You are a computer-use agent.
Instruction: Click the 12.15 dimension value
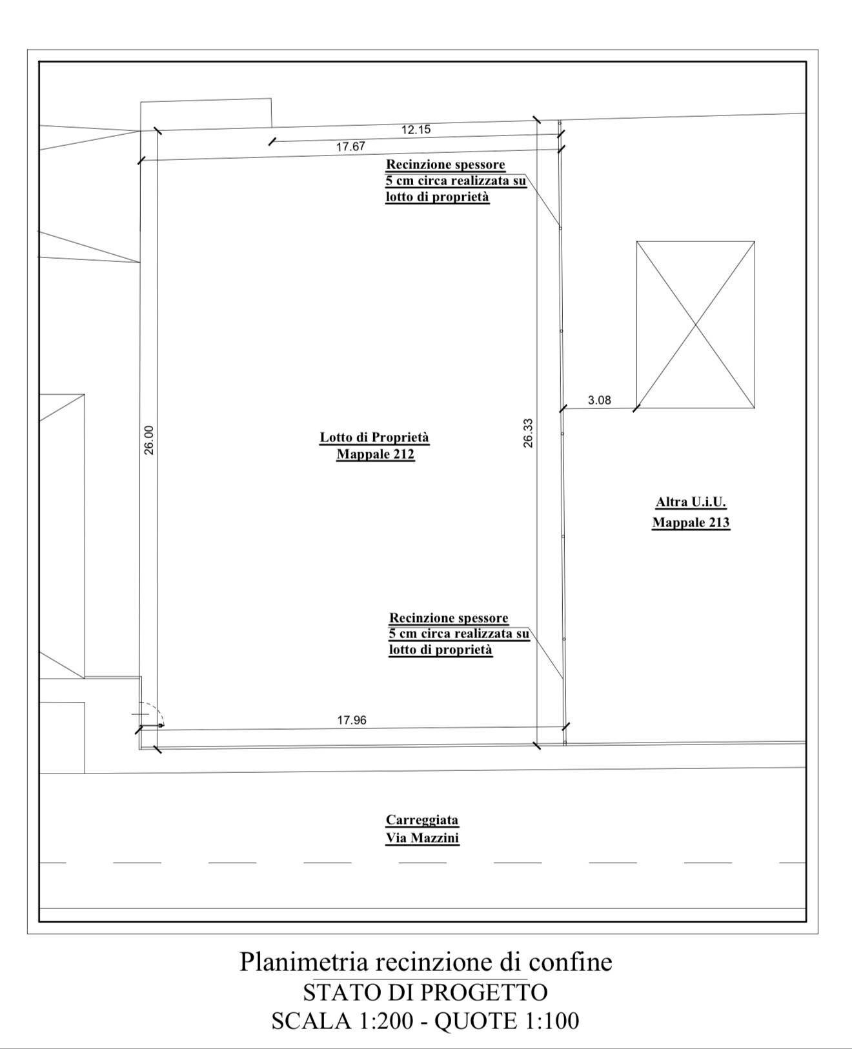[416, 130]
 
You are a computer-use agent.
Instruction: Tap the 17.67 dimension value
[350, 146]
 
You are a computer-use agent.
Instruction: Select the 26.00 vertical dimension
[149, 440]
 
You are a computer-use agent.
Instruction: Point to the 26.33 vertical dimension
[528, 433]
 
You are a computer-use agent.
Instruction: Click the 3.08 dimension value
[599, 400]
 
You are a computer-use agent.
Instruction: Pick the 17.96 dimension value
[352, 720]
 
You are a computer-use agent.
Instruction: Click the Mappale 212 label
[376, 454]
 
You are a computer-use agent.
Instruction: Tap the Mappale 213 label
[691, 523]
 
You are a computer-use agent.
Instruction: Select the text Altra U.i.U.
[691, 503]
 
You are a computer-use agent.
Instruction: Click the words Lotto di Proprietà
[374, 437]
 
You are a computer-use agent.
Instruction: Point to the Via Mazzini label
[422, 838]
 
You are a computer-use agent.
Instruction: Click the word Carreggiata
[422, 820]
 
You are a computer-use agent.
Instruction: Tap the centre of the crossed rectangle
[695, 325]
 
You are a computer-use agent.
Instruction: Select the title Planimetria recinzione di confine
[426, 962]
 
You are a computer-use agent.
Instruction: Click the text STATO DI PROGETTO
[425, 992]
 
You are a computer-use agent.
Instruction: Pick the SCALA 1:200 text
[343, 1021]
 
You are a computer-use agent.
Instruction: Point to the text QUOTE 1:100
[507, 1021]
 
